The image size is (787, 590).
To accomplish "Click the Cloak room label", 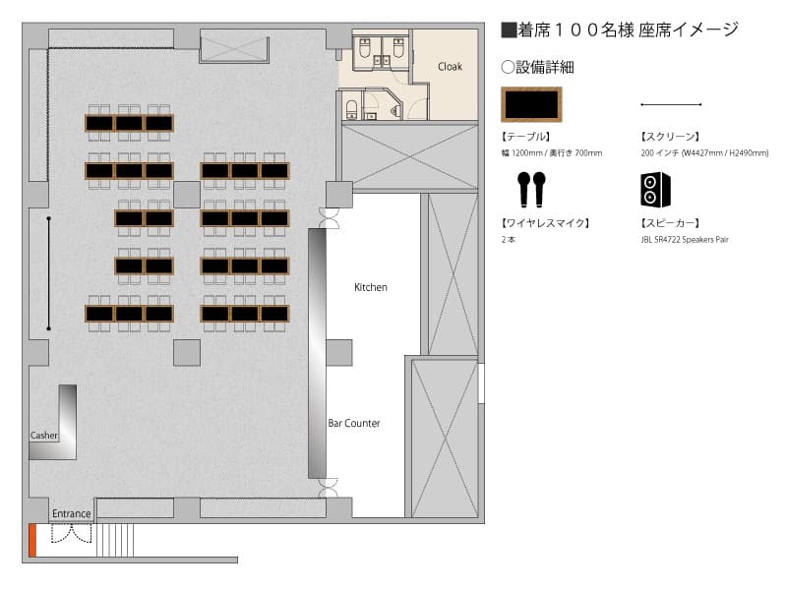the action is click(450, 66).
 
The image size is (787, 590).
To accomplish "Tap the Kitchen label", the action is click(371, 287).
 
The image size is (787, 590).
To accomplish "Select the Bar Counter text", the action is click(354, 423).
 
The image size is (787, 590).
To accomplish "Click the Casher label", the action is click(43, 435).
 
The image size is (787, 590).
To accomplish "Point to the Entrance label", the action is click(71, 513).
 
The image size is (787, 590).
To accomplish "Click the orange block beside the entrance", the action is click(32, 540).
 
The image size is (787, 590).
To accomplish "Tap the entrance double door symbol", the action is click(71, 533).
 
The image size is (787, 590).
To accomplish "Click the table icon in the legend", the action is click(531, 104).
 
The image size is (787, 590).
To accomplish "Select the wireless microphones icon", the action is click(531, 189).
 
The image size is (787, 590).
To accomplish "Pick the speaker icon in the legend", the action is click(655, 189).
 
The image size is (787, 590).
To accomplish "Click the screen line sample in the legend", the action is click(671, 104).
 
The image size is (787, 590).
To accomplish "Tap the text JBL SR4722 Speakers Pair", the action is click(685, 239).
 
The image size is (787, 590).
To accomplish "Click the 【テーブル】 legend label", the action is click(525, 137).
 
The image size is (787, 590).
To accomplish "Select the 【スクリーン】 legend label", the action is click(670, 137).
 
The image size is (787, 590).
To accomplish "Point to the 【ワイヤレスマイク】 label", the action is click(545, 223).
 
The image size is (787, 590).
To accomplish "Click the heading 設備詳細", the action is click(537, 67).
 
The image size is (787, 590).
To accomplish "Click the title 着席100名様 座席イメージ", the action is click(620, 30).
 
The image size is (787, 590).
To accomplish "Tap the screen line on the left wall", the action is click(48, 273).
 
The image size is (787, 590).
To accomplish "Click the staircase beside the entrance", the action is click(115, 540).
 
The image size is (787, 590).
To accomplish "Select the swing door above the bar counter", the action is click(330, 218).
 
